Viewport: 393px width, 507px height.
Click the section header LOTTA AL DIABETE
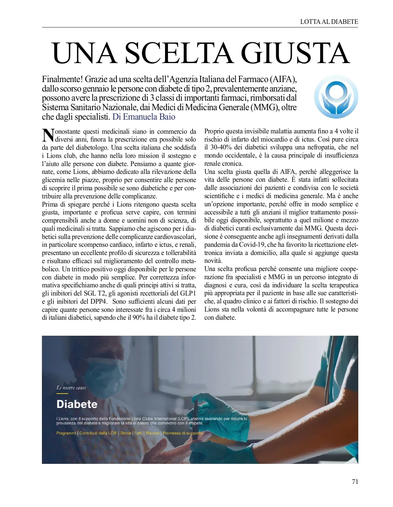pyautogui.click(x=329, y=22)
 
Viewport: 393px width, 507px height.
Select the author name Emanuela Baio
pyautogui.click(x=149, y=117)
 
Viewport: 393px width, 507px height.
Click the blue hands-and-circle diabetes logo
pyautogui.click(x=336, y=97)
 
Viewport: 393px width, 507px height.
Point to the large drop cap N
pyautogui.click(x=48, y=135)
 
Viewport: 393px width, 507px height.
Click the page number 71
pyautogui.click(x=355, y=482)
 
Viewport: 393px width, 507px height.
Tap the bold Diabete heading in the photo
pyautogui.click(x=77, y=404)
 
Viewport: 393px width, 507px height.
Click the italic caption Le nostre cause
pyautogui.click(x=71, y=388)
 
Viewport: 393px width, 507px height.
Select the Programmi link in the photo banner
pyautogui.click(x=66, y=433)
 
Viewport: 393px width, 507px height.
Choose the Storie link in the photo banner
pyautogui.click(x=125, y=433)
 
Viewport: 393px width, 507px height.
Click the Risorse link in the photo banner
pyautogui.click(x=152, y=433)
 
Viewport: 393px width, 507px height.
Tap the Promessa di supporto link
pyautogui.click(x=183, y=433)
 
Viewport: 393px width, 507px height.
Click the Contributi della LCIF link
pyautogui.click(x=98, y=433)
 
